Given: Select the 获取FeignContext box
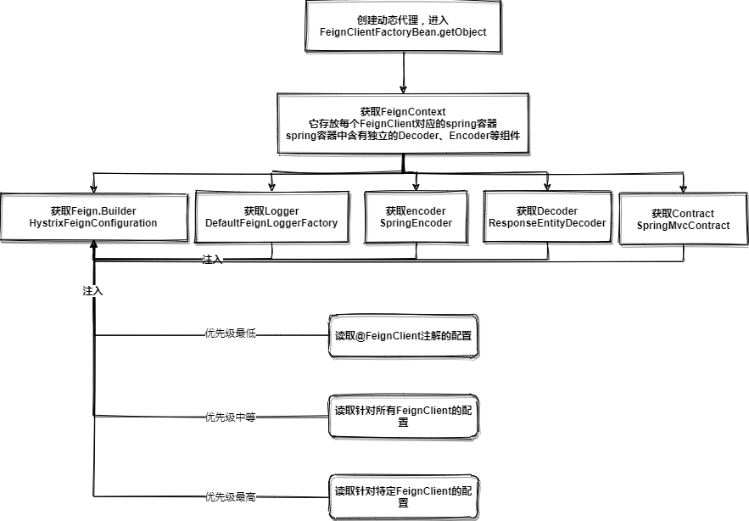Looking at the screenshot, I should [403, 123].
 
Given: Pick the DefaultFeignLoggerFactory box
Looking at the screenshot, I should [271, 217].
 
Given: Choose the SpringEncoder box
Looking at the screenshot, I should [416, 217].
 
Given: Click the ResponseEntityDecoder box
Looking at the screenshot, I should [547, 217].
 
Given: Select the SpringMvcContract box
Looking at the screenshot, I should [683, 220].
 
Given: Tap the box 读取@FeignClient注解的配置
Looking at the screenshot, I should [403, 336].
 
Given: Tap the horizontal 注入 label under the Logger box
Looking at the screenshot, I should [212, 260].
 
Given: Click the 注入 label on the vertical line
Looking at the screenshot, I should [92, 291].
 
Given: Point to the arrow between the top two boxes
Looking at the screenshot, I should [403, 75].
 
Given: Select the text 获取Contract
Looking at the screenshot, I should [683, 214].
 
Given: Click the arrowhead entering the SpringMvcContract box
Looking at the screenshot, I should [684, 189].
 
